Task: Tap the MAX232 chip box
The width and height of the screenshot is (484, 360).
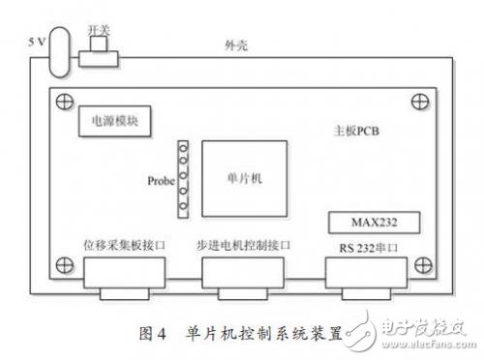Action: click(374, 223)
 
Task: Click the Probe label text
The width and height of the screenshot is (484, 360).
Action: click(161, 180)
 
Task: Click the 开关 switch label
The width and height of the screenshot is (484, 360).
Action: click(98, 33)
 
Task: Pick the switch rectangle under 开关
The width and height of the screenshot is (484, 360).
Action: click(98, 57)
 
